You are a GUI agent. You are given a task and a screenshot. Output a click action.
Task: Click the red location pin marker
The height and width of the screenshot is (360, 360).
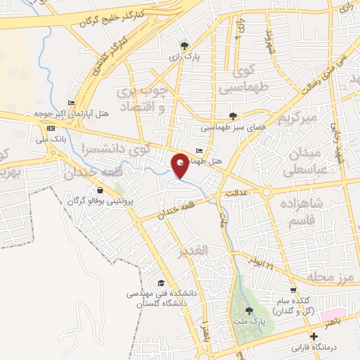[181, 165]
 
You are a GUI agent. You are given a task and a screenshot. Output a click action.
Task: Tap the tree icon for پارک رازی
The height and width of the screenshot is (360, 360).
[184, 45]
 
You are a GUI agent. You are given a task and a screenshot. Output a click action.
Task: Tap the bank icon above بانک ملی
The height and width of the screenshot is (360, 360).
[51, 129]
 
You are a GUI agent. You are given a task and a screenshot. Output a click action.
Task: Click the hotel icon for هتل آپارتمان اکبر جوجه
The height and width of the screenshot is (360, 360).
[71, 103]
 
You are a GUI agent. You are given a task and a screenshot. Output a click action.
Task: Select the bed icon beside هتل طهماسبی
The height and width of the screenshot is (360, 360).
[199, 150]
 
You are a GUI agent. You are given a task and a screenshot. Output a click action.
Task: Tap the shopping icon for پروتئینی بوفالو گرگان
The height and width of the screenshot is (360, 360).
[101, 190]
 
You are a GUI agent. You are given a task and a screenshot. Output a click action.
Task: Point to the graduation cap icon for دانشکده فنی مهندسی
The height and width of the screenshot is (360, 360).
[162, 282]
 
